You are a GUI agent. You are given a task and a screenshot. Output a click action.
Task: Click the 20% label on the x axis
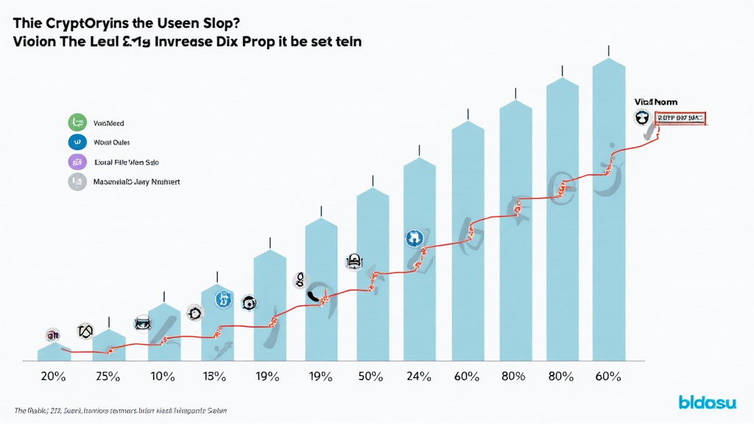click(x=54, y=376)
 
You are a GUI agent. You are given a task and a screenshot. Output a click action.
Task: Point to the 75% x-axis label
click(x=108, y=376)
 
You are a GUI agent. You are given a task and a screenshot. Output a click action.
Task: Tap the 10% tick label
click(x=162, y=376)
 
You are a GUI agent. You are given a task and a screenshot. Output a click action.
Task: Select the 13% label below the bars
click(x=214, y=376)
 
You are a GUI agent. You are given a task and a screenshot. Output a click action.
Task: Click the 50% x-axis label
click(x=371, y=376)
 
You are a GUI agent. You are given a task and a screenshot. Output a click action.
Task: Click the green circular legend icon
click(x=77, y=123)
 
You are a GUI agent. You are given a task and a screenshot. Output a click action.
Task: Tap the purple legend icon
click(x=77, y=162)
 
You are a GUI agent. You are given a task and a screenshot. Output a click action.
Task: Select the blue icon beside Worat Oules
click(x=77, y=142)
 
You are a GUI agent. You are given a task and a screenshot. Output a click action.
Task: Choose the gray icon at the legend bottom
click(x=77, y=181)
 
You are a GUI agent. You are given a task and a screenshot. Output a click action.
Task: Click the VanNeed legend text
click(x=109, y=123)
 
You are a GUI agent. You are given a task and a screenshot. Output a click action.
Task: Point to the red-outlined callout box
click(x=679, y=117)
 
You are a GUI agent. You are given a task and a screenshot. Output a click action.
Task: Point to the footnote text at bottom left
click(x=121, y=409)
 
